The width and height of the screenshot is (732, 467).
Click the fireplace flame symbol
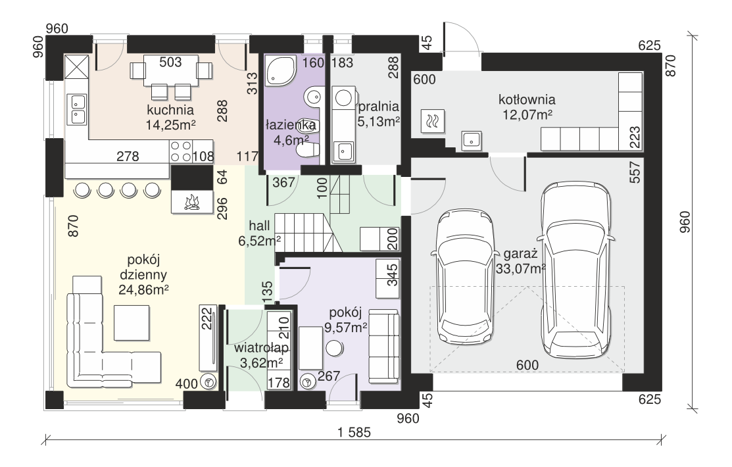coord(192,202)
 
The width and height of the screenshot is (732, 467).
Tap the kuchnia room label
coord(170,111)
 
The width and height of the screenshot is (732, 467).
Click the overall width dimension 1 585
coord(354,432)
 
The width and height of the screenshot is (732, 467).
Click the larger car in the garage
coord(576,270)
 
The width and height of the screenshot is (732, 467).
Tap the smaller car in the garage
coord(465,277)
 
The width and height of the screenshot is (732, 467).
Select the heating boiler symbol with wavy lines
coord(433,122)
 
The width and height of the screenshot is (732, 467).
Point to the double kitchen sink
coord(76,109)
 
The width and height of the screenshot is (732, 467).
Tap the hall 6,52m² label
coord(260,233)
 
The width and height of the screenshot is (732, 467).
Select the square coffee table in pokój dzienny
coord(132,323)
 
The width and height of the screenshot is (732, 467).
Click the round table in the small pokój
coord(334,349)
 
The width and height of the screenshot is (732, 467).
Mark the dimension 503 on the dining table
coord(170,62)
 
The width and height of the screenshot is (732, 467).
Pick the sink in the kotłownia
coord(472,141)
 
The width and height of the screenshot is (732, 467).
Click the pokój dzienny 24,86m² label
coord(143,275)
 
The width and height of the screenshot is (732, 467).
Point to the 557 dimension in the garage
coord(635,172)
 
